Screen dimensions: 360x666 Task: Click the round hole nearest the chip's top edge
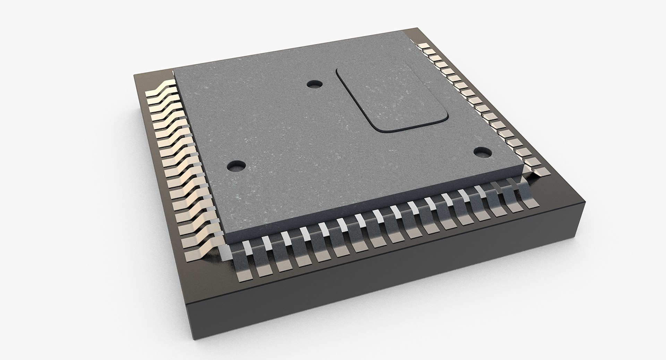click(x=315, y=84)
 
